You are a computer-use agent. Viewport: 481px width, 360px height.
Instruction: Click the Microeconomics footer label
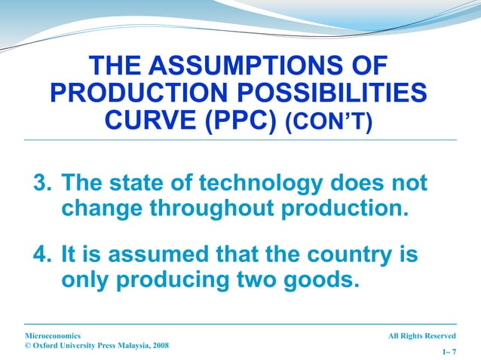click(x=53, y=335)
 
